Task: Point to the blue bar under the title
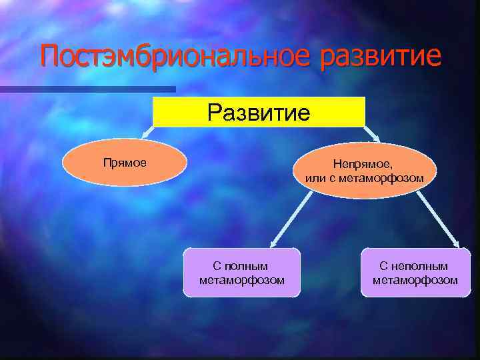(x=87, y=89)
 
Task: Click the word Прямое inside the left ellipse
(x=125, y=162)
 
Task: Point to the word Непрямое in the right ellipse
(x=363, y=165)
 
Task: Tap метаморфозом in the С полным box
(x=241, y=280)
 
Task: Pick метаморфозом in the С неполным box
(x=415, y=280)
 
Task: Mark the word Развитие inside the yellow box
(x=259, y=112)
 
